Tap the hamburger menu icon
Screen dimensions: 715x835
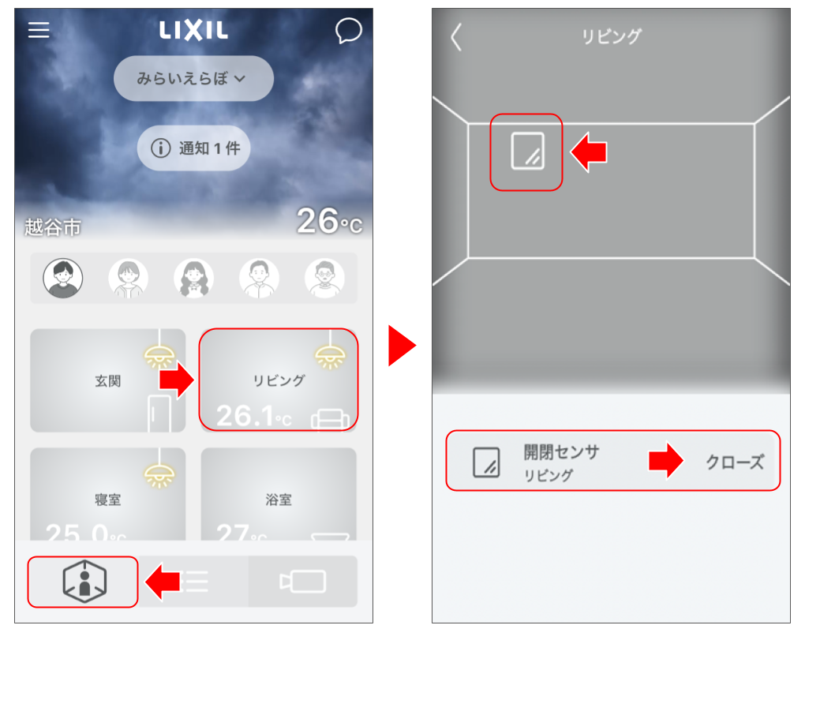39,30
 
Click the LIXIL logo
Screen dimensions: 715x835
193,31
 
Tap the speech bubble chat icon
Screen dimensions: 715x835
348,31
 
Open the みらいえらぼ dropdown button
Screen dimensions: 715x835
193,79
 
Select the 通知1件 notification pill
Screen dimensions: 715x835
193,148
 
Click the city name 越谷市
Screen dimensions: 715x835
52,228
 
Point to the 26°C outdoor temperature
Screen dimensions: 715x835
329,222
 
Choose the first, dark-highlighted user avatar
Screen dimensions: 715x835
62,279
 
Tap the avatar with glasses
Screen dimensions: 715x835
324,279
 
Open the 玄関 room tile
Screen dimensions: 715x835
107,381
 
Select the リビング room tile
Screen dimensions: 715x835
279,381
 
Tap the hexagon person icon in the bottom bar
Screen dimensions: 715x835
84,582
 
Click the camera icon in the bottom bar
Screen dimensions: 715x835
303,582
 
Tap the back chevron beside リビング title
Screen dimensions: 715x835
456,37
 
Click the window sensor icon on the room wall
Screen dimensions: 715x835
526,152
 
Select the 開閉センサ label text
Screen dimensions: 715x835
561,452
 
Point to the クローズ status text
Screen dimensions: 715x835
734,462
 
